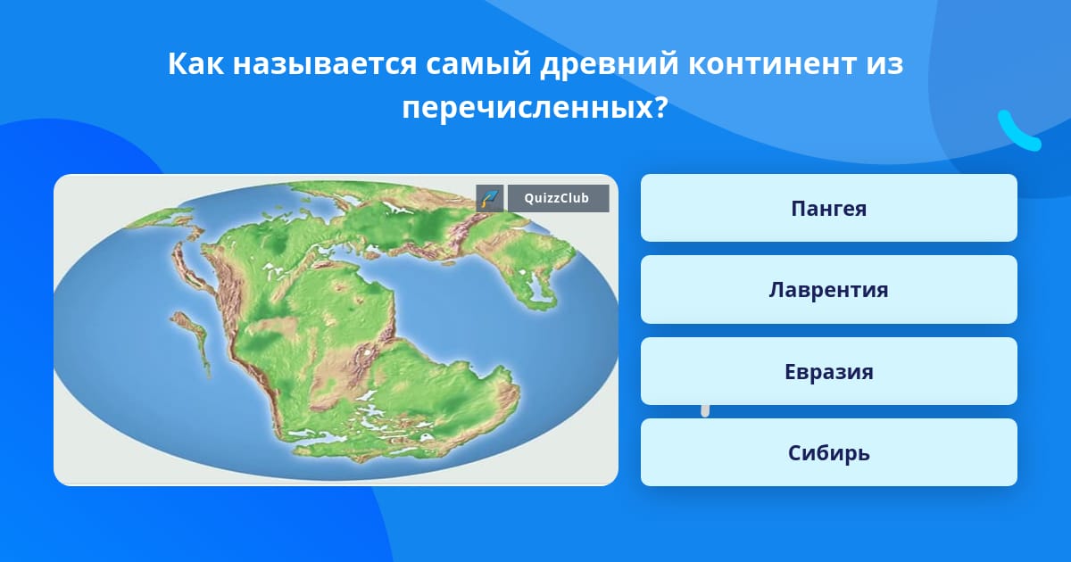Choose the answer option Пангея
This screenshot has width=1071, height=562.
tap(828, 208)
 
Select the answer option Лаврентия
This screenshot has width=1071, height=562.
tap(828, 290)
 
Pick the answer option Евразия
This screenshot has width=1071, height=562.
tap(828, 371)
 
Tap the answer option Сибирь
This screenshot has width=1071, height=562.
tap(828, 452)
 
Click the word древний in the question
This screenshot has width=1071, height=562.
tap(609, 64)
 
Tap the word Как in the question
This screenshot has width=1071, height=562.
tap(195, 63)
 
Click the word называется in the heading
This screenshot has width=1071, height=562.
tap(325, 64)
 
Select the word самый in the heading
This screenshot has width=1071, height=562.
tap(478, 64)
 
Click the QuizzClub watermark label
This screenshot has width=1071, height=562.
tap(558, 198)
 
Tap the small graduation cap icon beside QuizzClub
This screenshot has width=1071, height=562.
tap(490, 198)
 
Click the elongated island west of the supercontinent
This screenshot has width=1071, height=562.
tap(192, 339)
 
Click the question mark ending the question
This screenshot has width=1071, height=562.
tap(660, 108)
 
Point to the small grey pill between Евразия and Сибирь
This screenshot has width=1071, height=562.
tap(705, 411)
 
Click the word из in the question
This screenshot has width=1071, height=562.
tap(884, 64)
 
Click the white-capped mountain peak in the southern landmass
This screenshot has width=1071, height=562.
tap(367, 352)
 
